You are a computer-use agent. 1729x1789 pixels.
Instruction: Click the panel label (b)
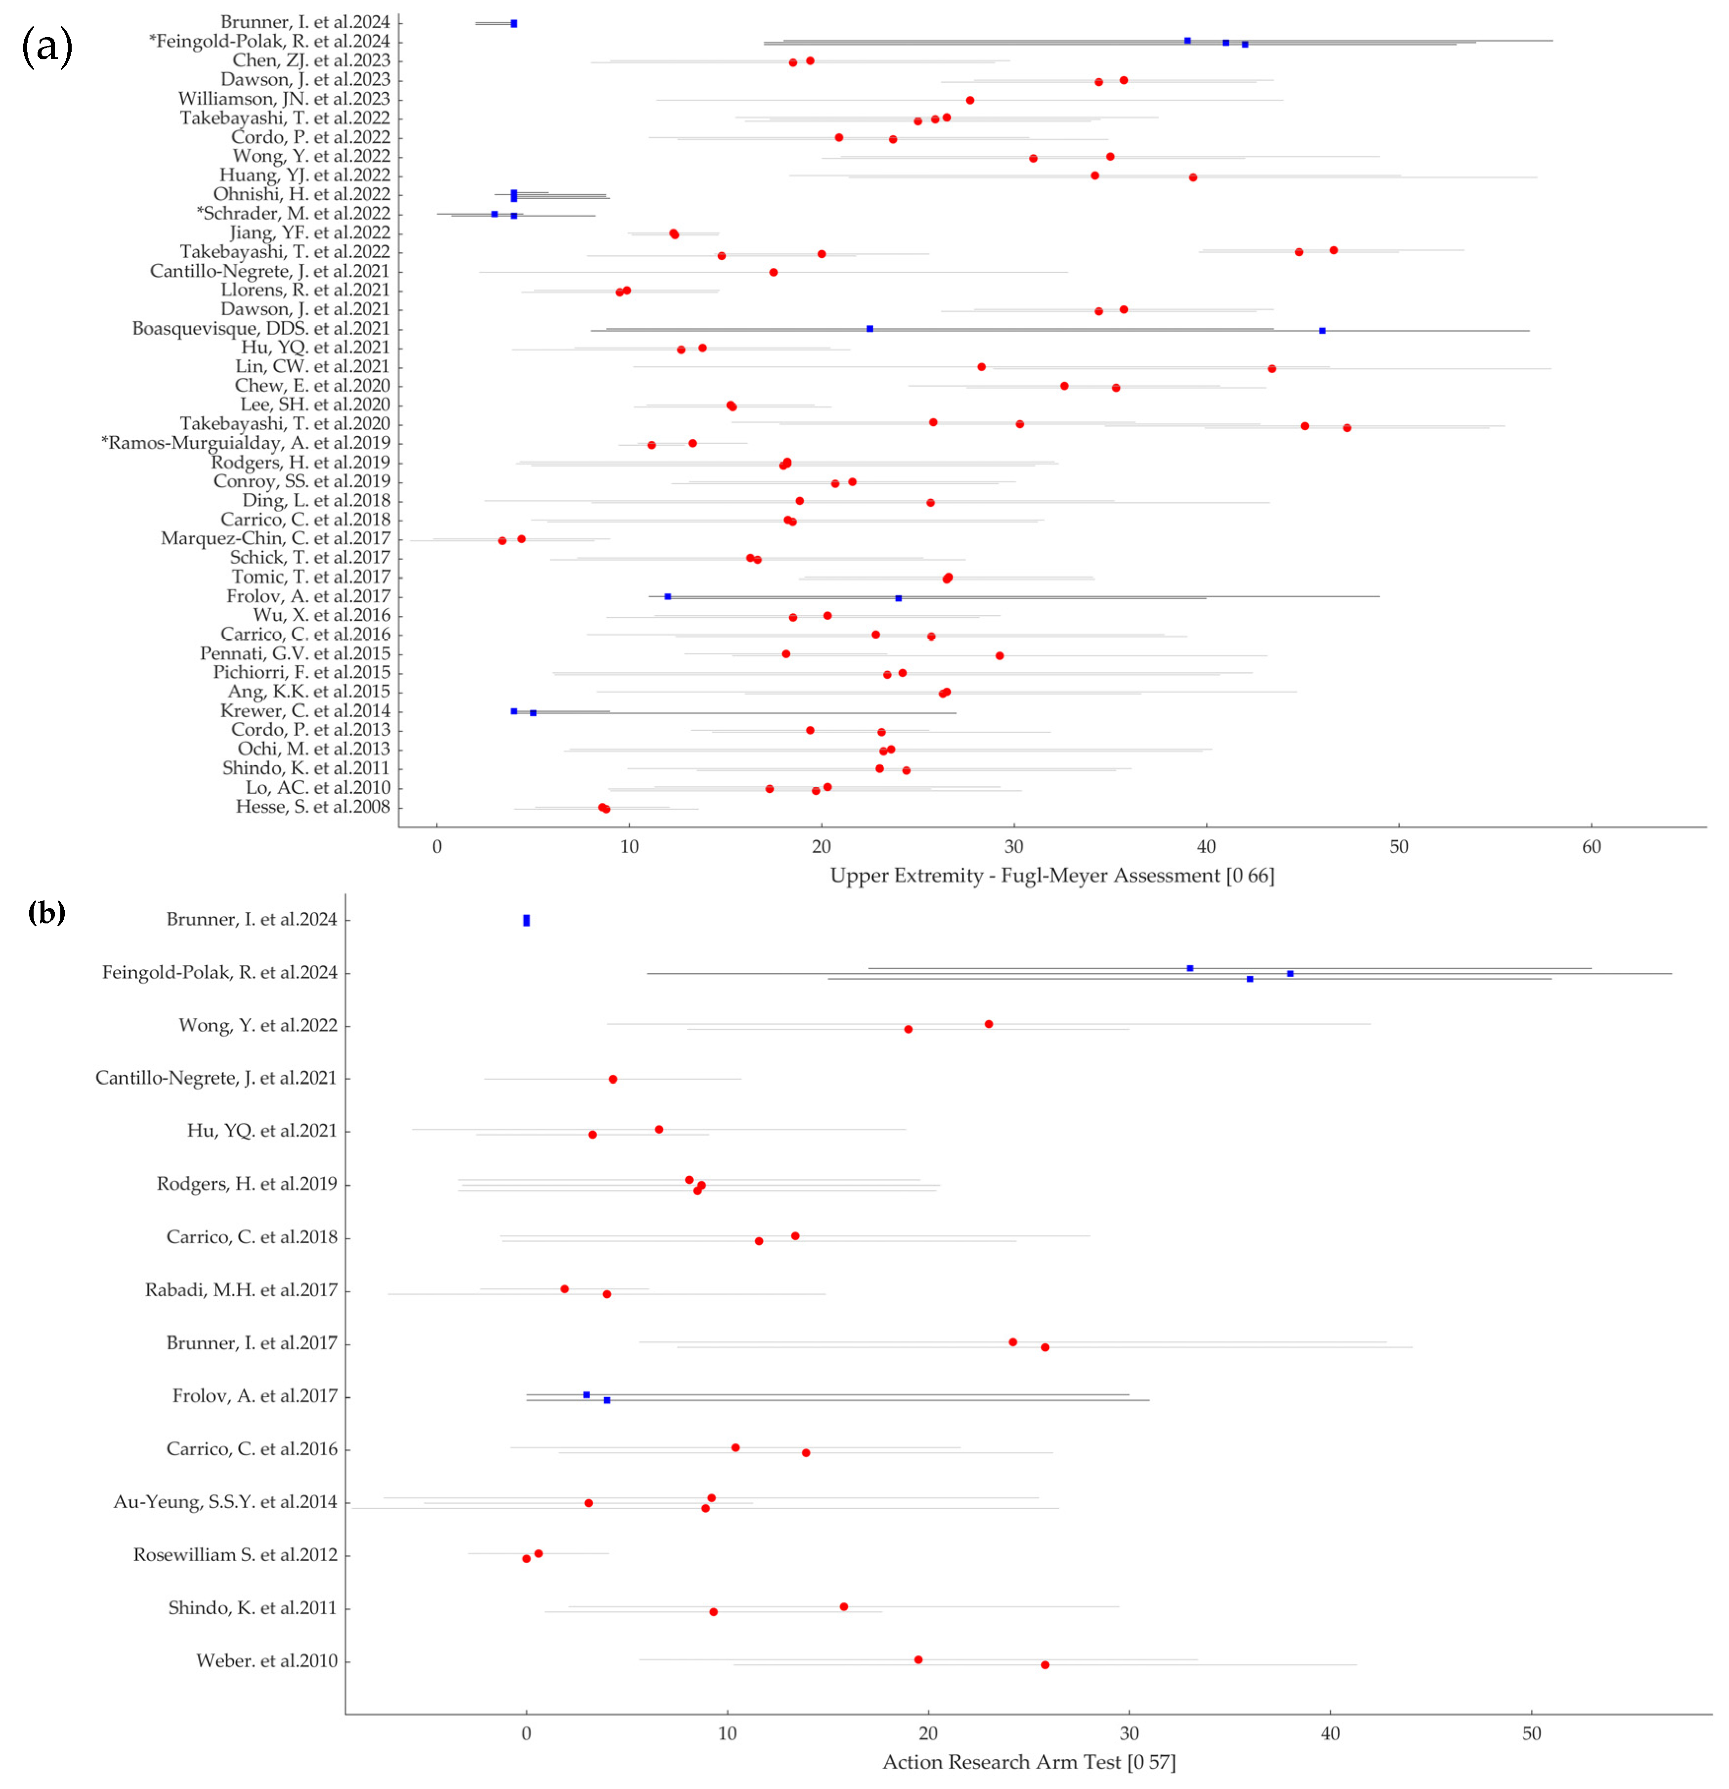46,912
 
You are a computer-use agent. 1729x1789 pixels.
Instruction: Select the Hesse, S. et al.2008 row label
312,807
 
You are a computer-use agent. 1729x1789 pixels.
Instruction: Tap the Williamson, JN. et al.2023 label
284,98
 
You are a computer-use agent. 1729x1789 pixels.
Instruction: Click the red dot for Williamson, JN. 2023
969,100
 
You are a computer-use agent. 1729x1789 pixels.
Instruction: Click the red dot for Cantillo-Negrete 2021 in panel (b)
612,1079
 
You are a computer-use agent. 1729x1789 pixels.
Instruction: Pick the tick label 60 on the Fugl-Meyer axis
1591,847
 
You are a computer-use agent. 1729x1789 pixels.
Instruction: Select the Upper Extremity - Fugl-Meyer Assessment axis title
1052,876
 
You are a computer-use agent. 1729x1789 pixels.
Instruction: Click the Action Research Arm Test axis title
1029,1762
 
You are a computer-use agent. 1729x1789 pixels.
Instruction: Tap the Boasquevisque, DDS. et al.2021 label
261,329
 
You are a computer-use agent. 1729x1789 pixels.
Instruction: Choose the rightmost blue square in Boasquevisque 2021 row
1322,330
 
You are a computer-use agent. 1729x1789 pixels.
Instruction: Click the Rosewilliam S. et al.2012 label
235,1554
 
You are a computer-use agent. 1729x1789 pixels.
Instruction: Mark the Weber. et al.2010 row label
266,1660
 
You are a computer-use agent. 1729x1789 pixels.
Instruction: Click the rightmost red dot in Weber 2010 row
1045,1665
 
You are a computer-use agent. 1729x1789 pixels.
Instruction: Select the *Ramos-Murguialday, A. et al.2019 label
246,443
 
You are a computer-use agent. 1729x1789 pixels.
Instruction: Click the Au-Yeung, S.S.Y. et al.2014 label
225,1501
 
